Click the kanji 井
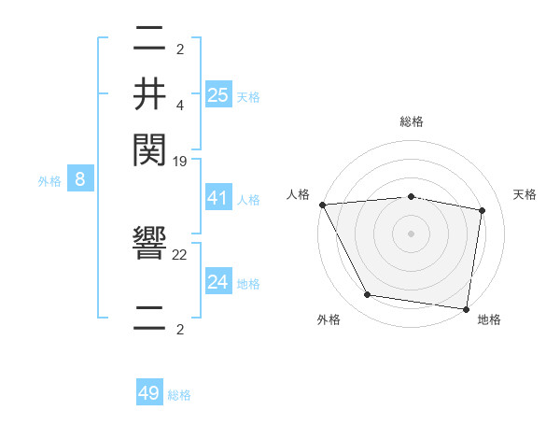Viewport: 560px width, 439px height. (x=149, y=95)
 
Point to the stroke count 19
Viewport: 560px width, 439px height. (x=180, y=162)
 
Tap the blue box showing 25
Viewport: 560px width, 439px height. (x=217, y=95)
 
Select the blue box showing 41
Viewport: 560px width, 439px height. (x=217, y=198)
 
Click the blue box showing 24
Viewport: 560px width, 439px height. (x=217, y=282)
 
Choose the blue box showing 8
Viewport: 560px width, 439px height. (x=80, y=180)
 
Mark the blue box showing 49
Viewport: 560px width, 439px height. (x=149, y=393)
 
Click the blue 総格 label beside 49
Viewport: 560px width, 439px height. (x=179, y=395)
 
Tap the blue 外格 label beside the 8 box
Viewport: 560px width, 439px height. (x=49, y=181)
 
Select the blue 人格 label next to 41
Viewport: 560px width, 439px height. (x=248, y=200)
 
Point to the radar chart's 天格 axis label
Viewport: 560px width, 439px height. (x=525, y=194)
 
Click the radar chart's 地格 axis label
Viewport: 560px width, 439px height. (x=489, y=319)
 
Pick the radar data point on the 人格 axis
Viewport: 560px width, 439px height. (x=322, y=204)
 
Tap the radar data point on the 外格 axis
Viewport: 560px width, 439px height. (x=368, y=295)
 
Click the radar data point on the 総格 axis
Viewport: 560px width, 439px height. (x=411, y=196)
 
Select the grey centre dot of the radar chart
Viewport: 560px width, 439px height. (x=411, y=233)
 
